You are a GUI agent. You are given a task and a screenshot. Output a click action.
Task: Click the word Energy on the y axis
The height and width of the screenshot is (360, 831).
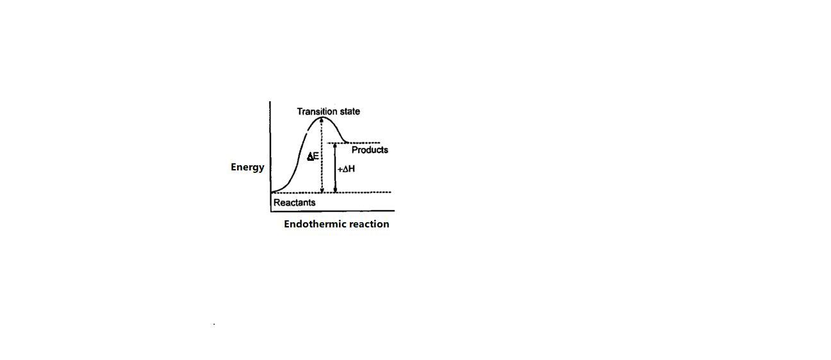point(247,167)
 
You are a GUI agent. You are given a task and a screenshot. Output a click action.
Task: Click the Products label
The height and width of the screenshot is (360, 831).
point(370,150)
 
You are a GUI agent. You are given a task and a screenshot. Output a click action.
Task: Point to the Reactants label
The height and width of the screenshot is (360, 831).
point(294,202)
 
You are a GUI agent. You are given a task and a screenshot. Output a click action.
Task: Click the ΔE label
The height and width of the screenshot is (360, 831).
point(313,156)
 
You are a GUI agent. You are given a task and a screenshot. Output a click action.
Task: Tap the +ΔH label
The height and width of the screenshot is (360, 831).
point(346,169)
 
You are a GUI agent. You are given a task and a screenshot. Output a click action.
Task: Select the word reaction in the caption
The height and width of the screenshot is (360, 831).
point(368,224)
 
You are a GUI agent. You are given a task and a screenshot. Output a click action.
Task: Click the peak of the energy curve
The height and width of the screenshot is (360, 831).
point(322,117)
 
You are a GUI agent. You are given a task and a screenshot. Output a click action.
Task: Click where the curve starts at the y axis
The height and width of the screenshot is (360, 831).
point(272,192)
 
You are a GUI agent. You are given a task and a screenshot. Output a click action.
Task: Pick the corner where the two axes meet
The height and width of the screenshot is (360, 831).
point(270,211)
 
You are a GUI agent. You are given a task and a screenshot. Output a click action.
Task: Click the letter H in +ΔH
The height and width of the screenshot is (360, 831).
point(351,169)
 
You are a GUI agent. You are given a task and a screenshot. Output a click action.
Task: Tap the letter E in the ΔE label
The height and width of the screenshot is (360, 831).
point(316,156)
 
